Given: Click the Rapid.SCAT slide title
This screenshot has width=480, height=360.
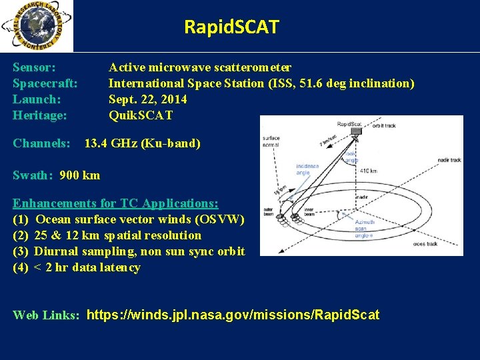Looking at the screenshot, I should point(231,27).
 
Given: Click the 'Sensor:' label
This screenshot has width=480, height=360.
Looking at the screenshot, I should point(34,67).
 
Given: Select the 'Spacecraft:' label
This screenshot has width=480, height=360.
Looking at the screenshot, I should point(45,83).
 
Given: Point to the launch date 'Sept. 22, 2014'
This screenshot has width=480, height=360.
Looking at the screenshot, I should point(147,99).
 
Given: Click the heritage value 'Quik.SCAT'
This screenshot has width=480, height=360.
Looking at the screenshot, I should point(141,115).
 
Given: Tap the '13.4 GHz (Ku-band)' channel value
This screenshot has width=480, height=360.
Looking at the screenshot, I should point(142,143).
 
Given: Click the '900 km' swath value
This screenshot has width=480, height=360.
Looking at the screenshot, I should point(80,175).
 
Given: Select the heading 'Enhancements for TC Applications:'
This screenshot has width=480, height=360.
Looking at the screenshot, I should point(116,203).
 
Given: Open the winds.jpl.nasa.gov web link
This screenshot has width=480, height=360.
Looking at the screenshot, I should point(233,315).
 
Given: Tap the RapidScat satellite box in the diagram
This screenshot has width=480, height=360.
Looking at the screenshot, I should point(355,131).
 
